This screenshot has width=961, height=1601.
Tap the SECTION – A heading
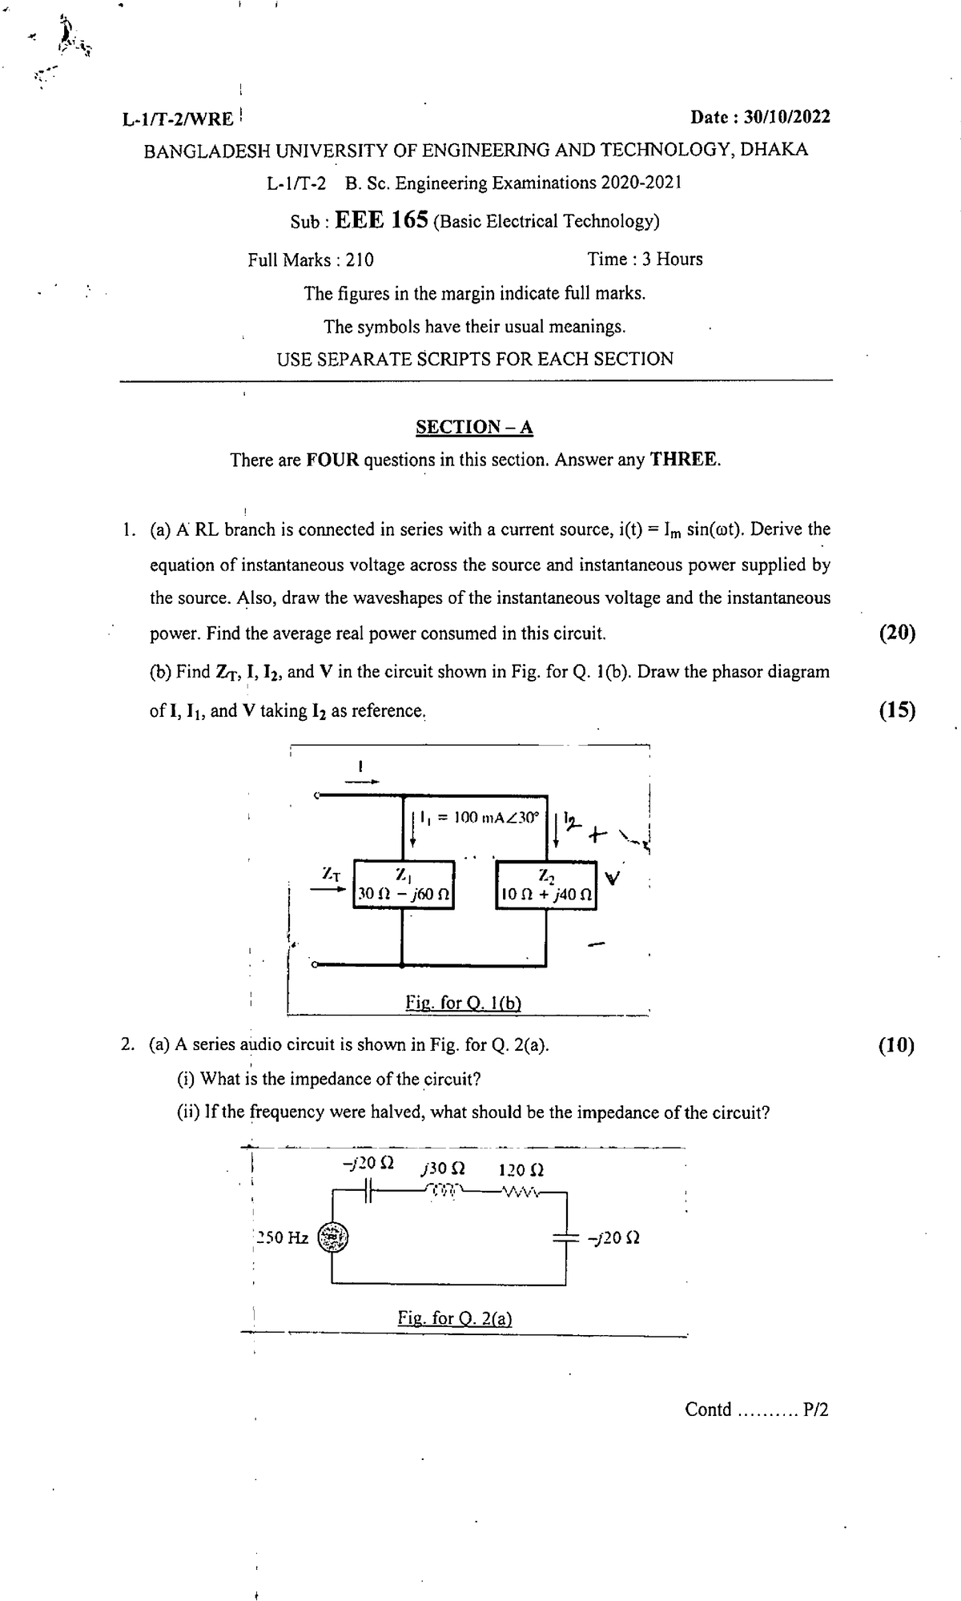click(x=474, y=427)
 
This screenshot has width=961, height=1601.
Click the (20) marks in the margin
click(x=897, y=633)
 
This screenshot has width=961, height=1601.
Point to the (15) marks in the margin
click(x=897, y=710)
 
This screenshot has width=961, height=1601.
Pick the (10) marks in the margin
click(x=895, y=1044)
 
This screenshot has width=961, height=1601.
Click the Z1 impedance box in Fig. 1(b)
click(x=404, y=885)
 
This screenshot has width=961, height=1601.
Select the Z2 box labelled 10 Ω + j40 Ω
click(x=546, y=885)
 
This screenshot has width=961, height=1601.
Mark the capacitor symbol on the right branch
click(x=565, y=1237)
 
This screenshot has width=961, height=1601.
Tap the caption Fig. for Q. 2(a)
click(x=455, y=1317)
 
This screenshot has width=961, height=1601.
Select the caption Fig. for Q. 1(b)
click(x=464, y=1003)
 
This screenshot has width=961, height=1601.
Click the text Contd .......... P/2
click(x=756, y=1409)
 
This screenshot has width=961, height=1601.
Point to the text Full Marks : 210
click(x=311, y=259)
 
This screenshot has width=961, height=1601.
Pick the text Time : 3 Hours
click(x=645, y=259)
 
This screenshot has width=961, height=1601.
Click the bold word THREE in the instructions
click(x=685, y=460)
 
